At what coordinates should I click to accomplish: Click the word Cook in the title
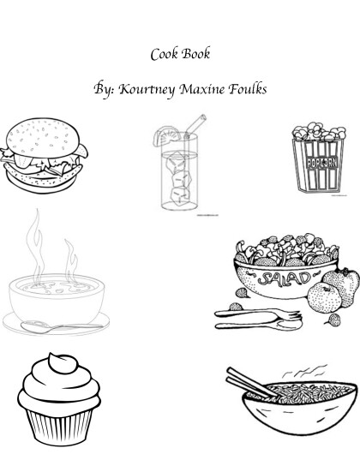click(165, 54)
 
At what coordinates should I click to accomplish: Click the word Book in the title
click(196, 53)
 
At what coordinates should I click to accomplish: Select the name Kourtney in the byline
click(147, 89)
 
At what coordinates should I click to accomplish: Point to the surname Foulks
click(248, 89)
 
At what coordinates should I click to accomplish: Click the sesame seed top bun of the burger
click(43, 137)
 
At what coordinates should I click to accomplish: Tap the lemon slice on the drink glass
click(166, 136)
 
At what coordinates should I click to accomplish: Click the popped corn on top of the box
click(319, 132)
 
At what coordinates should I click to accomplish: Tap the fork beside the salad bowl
click(258, 314)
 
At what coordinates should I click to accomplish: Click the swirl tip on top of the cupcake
click(63, 362)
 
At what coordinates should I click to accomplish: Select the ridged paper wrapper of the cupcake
click(59, 427)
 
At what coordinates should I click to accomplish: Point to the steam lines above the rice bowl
click(304, 371)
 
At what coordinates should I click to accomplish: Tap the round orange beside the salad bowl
click(324, 297)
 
